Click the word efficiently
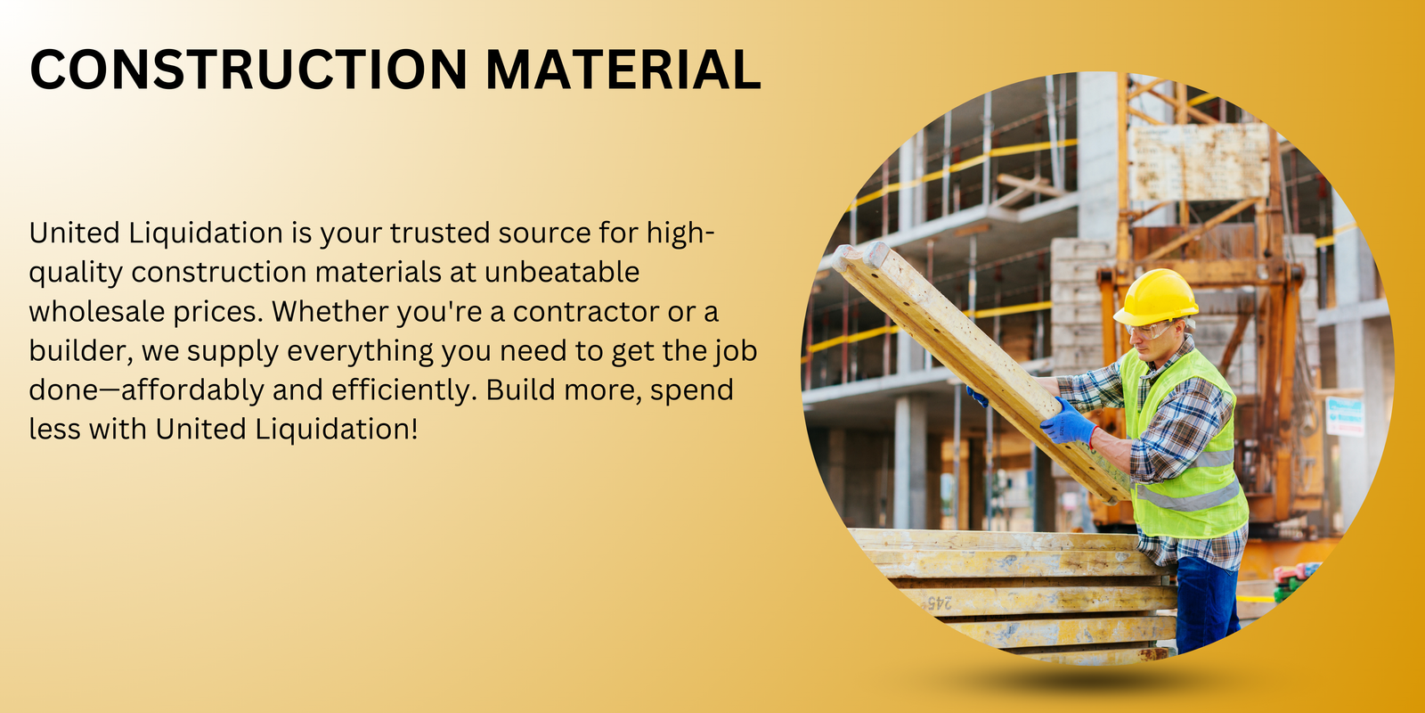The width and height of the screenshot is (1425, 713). click(404, 391)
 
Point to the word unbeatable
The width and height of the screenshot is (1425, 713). click(562, 273)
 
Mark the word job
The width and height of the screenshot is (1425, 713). click(737, 352)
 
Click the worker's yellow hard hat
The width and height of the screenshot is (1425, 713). click(1157, 297)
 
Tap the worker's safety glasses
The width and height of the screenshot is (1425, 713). click(1150, 331)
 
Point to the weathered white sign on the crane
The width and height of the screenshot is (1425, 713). click(1199, 161)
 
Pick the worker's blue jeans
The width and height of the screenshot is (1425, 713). click(1206, 605)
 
